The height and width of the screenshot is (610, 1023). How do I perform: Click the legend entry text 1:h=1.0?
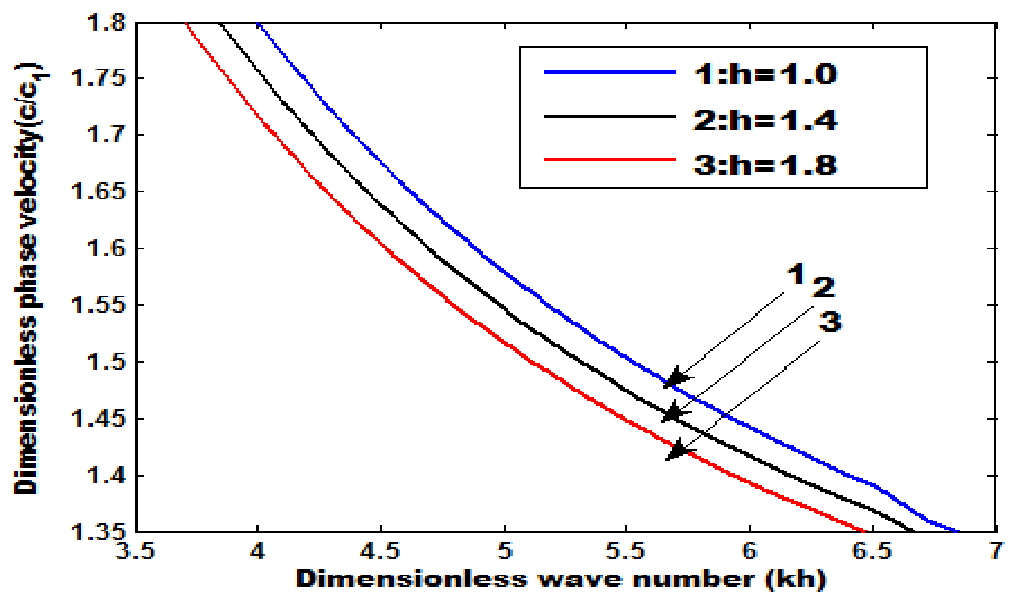765,75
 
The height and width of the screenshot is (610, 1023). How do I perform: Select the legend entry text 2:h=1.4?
765,121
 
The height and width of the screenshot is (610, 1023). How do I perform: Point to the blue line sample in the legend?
610,72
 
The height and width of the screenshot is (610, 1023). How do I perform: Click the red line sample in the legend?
610,159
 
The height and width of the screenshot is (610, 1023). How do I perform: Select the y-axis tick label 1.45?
99,419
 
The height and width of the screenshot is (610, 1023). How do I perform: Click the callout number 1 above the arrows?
796,274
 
